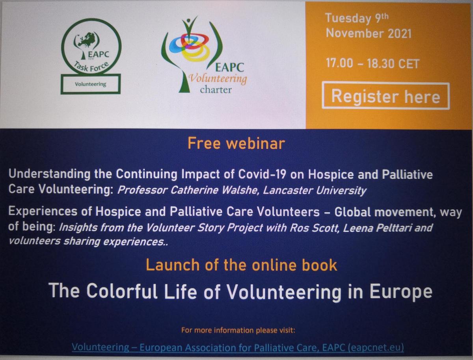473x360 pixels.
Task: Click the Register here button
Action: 385,96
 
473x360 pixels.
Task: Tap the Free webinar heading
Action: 236,143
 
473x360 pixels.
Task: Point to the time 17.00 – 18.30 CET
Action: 372,63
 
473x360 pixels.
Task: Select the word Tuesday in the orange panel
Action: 348,19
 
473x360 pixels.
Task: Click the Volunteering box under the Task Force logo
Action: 91,84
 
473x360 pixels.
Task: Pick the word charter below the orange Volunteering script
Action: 216,90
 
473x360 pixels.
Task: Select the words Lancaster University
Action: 315,191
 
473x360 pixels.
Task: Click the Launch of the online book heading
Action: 241,265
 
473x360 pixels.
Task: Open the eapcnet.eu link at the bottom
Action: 238,347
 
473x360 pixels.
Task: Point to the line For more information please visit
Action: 238,330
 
